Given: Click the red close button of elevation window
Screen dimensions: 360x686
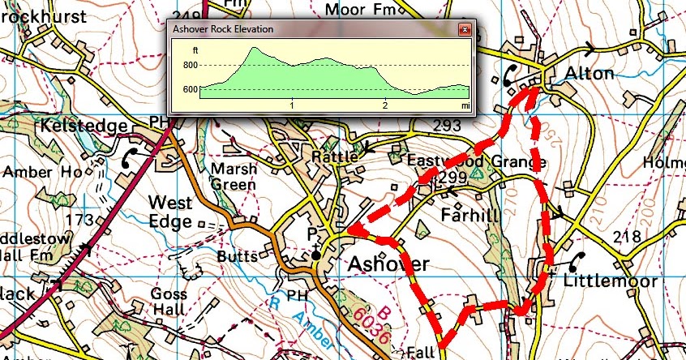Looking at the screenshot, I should point(464,29).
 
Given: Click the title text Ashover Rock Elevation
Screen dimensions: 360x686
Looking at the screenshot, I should point(223,29).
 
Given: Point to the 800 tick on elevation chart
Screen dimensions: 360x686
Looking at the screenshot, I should point(190,65).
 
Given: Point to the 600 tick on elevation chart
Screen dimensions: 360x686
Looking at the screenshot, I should point(190,89).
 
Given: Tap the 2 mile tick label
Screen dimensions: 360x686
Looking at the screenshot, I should point(385,105).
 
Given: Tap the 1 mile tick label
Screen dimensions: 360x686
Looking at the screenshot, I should point(292,105).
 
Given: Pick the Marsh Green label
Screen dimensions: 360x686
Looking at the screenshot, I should point(234,176).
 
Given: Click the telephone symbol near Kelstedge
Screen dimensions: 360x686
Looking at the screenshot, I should point(129,161).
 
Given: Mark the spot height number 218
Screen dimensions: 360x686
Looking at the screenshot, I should point(628,237).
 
